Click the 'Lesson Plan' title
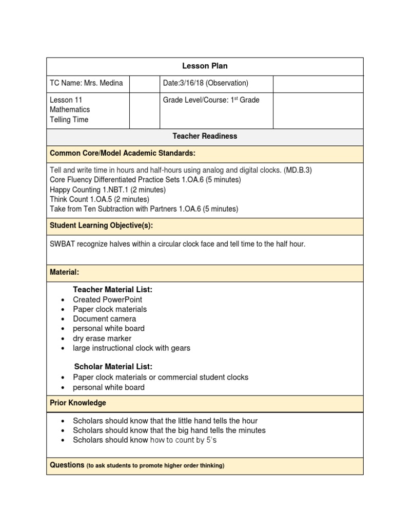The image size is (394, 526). click(205, 66)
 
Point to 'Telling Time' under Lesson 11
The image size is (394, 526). click(69, 120)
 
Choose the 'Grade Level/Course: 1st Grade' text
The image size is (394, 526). click(211, 100)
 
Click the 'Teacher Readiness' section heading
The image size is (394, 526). click(205, 136)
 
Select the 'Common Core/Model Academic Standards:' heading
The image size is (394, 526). click(122, 154)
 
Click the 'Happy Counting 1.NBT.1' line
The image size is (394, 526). click(108, 190)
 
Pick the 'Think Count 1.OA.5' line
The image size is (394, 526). click(100, 199)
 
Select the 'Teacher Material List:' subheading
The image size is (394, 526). click(112, 290)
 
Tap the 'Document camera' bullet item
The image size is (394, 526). click(104, 319)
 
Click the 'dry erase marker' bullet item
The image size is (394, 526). click(102, 339)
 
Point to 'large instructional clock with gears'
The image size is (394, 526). click(131, 348)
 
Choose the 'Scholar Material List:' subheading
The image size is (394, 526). click(113, 367)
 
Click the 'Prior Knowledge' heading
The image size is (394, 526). click(77, 403)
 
